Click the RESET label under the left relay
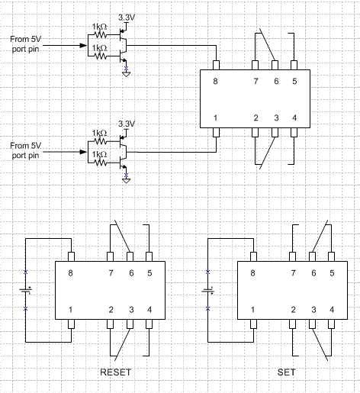[x=115, y=372]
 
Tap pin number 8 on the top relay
[x=217, y=81]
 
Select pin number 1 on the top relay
[x=217, y=118]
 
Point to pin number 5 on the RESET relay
[x=149, y=272]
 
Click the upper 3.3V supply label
[x=127, y=16]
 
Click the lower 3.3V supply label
[x=127, y=123]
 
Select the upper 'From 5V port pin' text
[x=27, y=43]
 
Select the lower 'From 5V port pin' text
[x=27, y=150]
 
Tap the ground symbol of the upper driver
[x=127, y=74]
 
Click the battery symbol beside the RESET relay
[x=27, y=290]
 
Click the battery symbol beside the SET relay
[x=208, y=290]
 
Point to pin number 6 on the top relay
[x=275, y=81]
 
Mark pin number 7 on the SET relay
[x=294, y=272]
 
